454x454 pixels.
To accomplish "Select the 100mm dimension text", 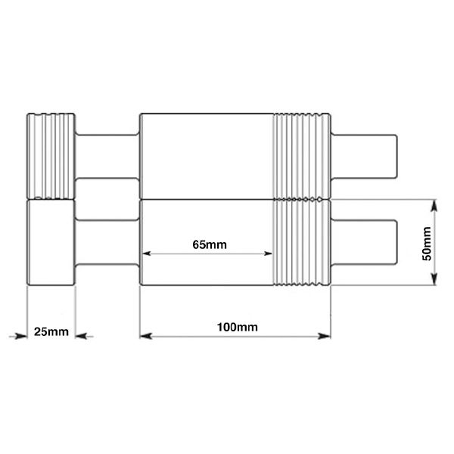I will tap(236, 328).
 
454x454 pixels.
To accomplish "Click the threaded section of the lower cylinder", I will tap(302, 242).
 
